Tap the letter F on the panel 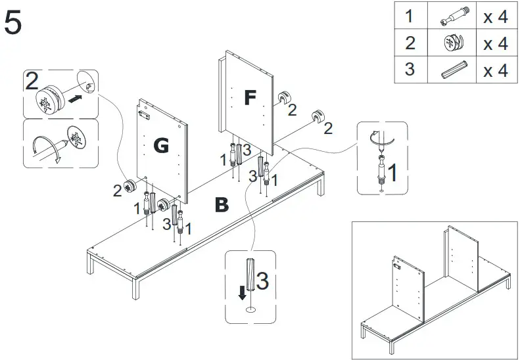pos(249,98)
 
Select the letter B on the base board pos(222,206)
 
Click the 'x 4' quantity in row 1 pos(495,17)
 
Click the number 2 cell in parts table pos(410,43)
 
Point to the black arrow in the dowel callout pos(243,291)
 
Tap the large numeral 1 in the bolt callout pos(392,174)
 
